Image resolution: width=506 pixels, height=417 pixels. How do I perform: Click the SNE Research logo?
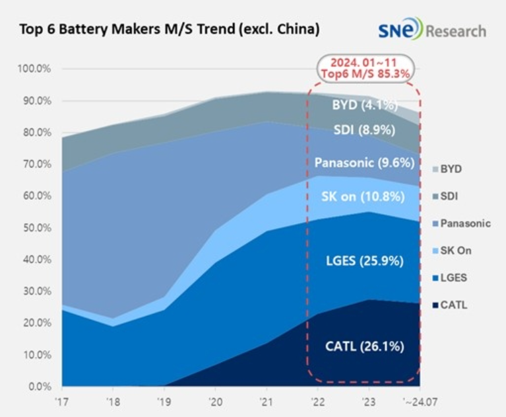[x=431, y=30]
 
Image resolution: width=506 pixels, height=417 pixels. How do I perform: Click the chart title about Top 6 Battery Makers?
[x=170, y=30]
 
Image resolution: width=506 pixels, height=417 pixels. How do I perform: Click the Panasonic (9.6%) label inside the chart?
[x=364, y=163]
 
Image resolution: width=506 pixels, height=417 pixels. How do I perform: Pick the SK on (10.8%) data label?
[x=364, y=196]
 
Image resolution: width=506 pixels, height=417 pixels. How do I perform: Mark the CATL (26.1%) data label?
[x=364, y=346]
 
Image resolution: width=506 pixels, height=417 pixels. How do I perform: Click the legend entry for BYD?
[x=451, y=169]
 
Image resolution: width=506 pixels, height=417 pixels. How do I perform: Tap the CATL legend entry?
[x=453, y=305]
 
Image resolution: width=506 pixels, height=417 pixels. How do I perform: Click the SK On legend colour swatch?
[x=434, y=250]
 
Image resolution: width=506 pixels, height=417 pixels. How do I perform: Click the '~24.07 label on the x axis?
[x=417, y=400]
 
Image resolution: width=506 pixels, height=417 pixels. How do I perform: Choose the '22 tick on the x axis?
[x=317, y=400]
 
